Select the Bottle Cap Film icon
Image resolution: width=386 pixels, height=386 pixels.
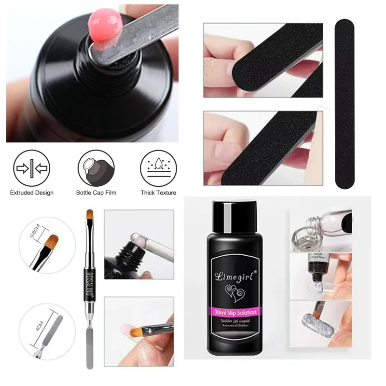(x=96, y=169)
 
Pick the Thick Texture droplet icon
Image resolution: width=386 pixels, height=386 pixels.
(x=158, y=169)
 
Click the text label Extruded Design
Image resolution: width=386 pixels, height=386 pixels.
(x=32, y=193)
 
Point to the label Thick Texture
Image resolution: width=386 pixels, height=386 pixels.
(x=158, y=193)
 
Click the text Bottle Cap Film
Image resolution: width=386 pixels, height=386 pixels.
(x=96, y=193)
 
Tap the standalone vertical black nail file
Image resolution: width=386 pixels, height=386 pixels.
(x=345, y=104)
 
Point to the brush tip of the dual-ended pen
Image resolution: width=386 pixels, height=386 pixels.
(x=89, y=217)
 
